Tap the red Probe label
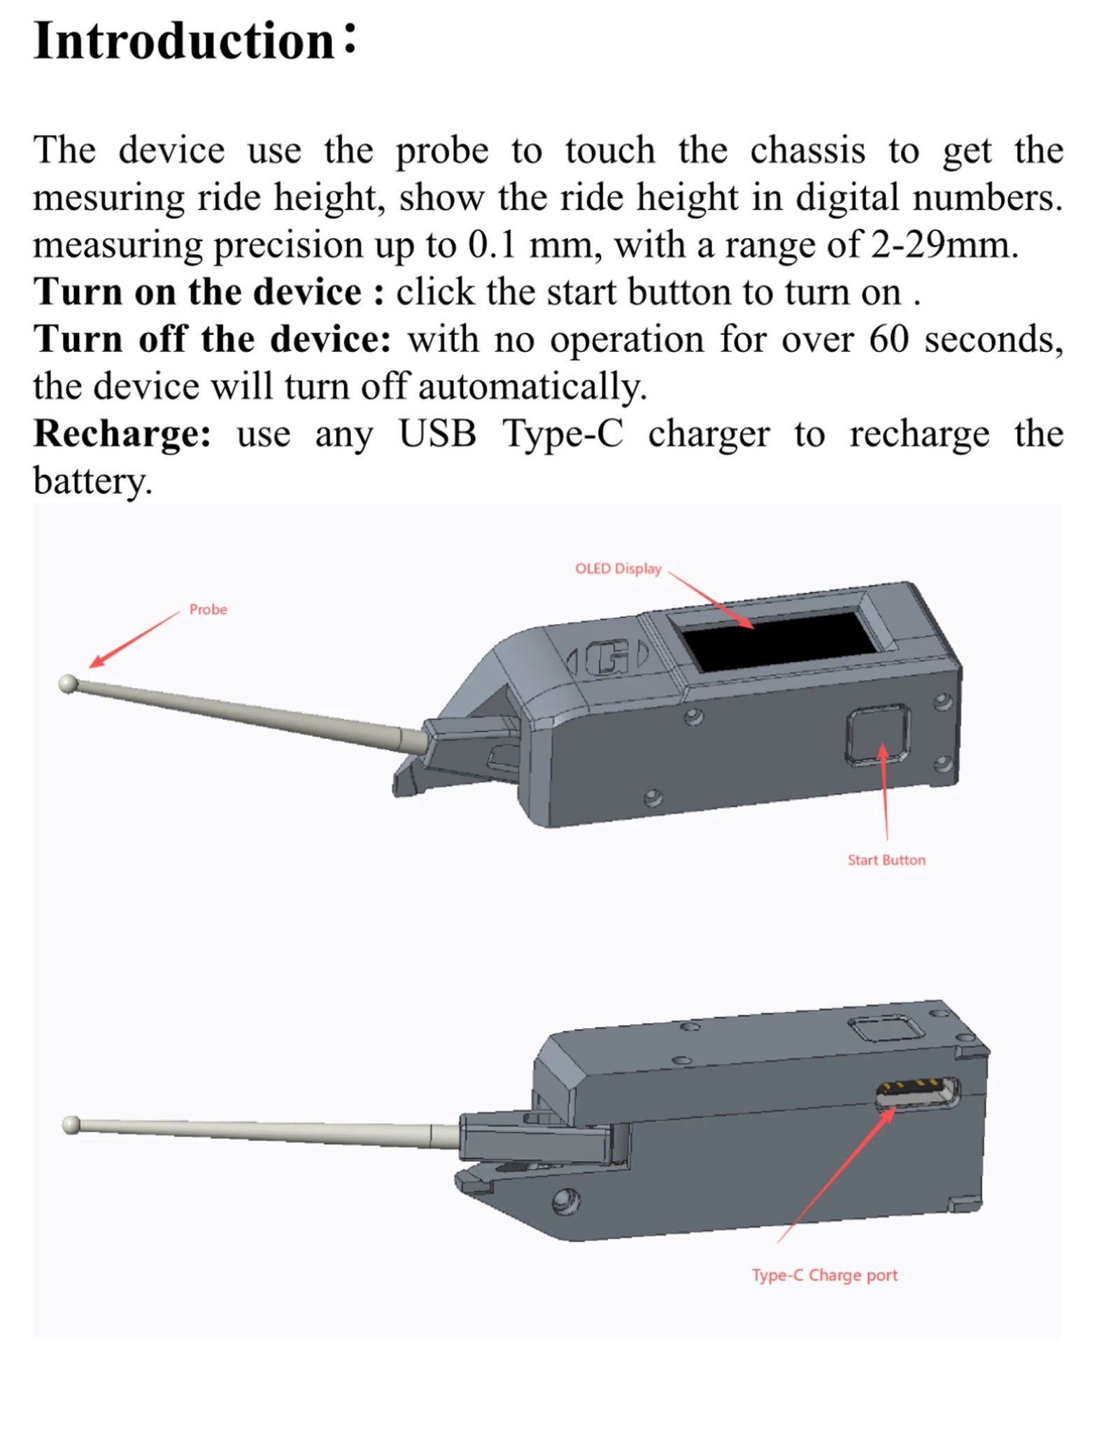(208, 609)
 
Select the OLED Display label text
(618, 569)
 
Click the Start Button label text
(886, 860)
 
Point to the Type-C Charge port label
(825, 1275)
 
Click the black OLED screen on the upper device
(777, 641)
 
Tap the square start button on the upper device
(878, 734)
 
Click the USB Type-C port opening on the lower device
(918, 1093)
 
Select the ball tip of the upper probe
(68, 684)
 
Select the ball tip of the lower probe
(71, 1125)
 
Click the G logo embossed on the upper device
(607, 658)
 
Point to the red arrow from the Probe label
(134, 639)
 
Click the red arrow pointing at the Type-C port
(836, 1176)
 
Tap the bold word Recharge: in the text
(122, 434)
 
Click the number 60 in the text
(888, 339)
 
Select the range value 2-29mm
(944, 245)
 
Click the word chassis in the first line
(807, 150)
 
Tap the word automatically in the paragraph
(532, 387)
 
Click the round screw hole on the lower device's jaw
(566, 1202)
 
